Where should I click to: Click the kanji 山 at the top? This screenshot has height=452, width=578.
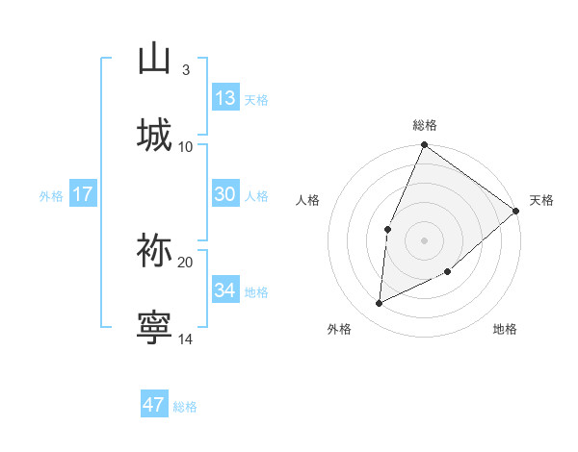pos(154,59)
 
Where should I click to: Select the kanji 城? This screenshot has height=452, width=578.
pos(154,135)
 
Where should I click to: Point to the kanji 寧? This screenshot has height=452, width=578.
pos(154,327)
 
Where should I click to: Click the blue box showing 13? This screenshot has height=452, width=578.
pos(224,98)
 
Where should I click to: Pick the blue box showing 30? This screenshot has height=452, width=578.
pos(224,194)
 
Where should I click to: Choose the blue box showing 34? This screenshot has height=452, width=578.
pos(224,289)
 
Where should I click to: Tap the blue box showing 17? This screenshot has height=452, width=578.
pos(83,194)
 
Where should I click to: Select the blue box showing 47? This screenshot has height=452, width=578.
pos(154,405)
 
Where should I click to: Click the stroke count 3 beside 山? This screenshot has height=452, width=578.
pos(185,70)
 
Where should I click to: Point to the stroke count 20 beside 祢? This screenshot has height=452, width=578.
pos(186,262)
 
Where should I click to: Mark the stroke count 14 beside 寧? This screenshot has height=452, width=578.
pos(186,339)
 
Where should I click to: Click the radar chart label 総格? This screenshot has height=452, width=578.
pos(424,125)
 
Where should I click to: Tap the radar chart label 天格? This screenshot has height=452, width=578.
pos(541,200)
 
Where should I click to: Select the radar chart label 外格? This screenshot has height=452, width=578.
pos(339,329)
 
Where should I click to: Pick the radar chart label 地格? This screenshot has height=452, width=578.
pos(505,329)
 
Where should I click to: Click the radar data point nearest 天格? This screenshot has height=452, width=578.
pos(515,212)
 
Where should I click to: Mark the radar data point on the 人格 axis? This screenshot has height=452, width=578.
pos(387,229)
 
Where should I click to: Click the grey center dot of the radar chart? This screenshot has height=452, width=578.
pos(424,240)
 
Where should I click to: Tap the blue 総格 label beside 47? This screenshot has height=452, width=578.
pos(186,407)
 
